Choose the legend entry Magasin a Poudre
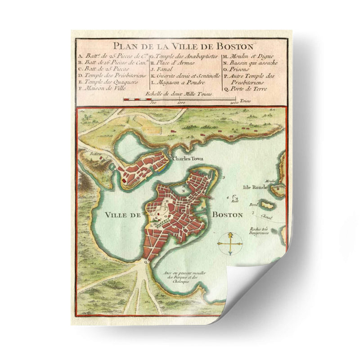pyautogui.click(x=178, y=82)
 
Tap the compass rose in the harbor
pyautogui.click(x=230, y=244)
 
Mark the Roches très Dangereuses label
pyautogui.click(x=260, y=230)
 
